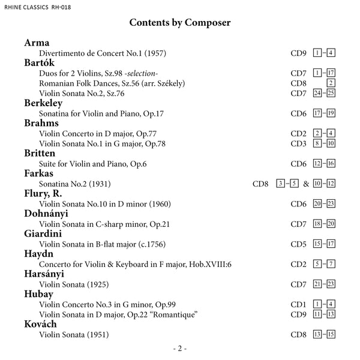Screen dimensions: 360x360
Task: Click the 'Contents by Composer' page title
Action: pyautogui.click(x=180, y=23)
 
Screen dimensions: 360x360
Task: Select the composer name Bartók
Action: pyautogui.click(x=40, y=63)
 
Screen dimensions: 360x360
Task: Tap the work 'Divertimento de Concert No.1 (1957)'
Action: pyautogui.click(x=103, y=53)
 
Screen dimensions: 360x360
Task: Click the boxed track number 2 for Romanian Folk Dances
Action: pyautogui.click(x=331, y=83)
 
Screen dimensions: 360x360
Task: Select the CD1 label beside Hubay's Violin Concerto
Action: pyautogui.click(x=299, y=304)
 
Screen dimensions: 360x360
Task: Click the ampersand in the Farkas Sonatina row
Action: pyautogui.click(x=306, y=184)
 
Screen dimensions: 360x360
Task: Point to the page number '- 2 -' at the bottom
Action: pyautogui.click(x=180, y=349)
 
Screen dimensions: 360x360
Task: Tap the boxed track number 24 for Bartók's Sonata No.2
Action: pyautogui.click(x=318, y=93)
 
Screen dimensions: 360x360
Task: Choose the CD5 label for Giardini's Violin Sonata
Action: pyautogui.click(x=299, y=244)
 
